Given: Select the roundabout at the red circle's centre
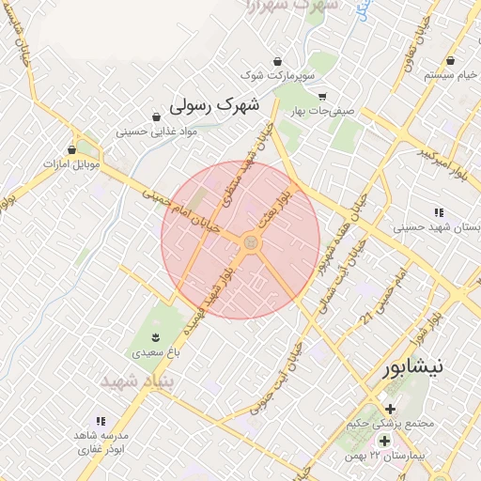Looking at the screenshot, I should pos(250,243).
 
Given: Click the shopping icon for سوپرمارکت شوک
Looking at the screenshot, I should pos(275,59).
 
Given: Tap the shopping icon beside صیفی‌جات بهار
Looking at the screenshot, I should pos(322,96).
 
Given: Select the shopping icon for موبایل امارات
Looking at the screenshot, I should pos(72,149).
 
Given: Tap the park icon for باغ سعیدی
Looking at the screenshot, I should pos(156,337).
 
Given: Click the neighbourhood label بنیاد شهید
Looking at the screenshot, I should pos(132,381).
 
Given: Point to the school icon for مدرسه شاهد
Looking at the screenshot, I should pos(100,421).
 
